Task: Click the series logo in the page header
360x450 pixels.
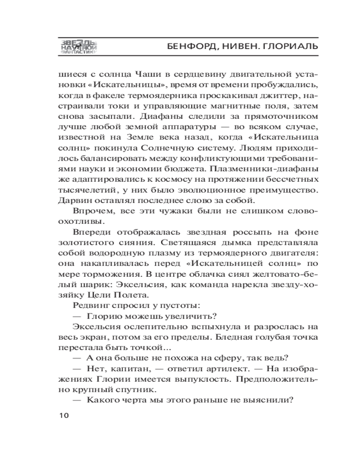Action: [x=79, y=46]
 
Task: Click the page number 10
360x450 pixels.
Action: [x=63, y=415]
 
